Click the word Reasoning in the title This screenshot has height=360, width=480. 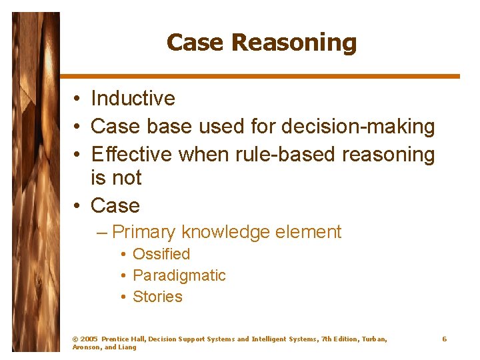click(294, 43)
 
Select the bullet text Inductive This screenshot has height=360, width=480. click(133, 99)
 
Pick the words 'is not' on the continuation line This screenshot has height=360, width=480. click(116, 178)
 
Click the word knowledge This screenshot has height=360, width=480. click(224, 232)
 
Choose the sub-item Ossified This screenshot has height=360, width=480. click(161, 254)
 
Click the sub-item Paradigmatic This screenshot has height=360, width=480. click(179, 275)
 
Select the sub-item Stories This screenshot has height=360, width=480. click(157, 297)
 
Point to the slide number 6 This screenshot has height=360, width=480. click(444, 339)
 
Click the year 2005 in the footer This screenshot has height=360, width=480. click(88, 339)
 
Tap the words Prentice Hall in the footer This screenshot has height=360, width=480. click(123, 339)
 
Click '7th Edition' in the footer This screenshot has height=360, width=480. click(339, 339)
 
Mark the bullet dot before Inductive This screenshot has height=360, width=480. click(78, 99)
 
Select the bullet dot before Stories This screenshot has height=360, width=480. click(124, 297)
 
